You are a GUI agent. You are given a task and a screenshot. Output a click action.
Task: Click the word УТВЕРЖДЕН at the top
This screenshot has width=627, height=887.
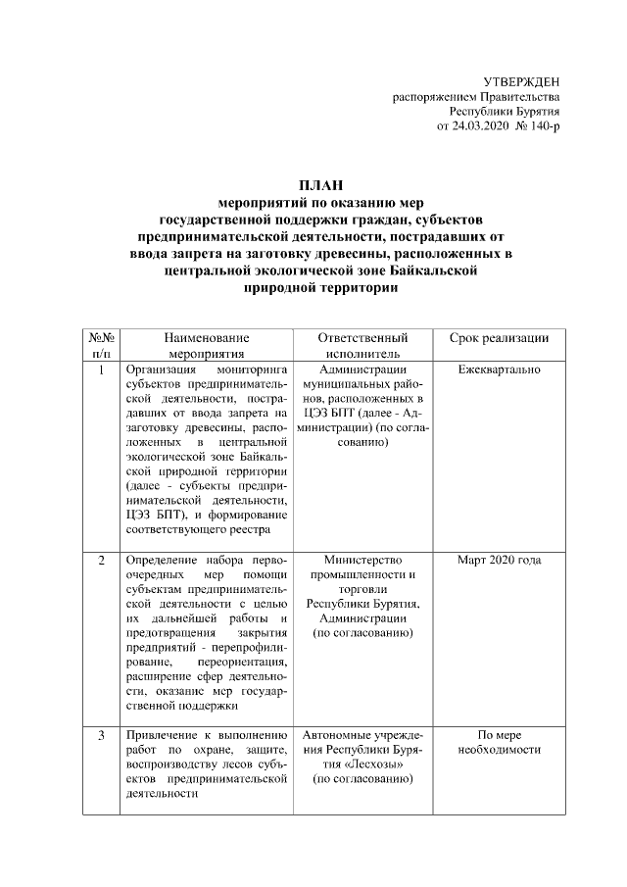[x=523, y=80]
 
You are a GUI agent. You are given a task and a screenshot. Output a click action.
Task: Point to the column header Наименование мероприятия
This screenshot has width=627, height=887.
[x=207, y=345]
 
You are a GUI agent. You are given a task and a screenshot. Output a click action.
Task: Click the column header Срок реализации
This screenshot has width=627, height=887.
[x=499, y=338]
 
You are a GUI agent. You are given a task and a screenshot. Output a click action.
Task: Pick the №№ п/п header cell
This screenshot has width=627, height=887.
[x=102, y=345]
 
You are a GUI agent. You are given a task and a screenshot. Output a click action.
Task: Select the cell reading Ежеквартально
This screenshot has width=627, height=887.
[x=499, y=370]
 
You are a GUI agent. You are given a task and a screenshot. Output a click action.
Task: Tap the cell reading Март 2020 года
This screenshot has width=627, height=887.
[x=499, y=561]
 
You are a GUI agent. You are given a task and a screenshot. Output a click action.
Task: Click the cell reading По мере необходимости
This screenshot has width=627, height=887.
[x=499, y=742]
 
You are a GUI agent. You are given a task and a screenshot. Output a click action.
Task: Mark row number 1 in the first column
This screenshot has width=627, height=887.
[x=102, y=370]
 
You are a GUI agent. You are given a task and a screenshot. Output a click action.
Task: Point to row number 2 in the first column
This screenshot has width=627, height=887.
[x=102, y=561]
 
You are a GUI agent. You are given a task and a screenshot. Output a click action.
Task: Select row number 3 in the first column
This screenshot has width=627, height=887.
[x=102, y=735]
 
